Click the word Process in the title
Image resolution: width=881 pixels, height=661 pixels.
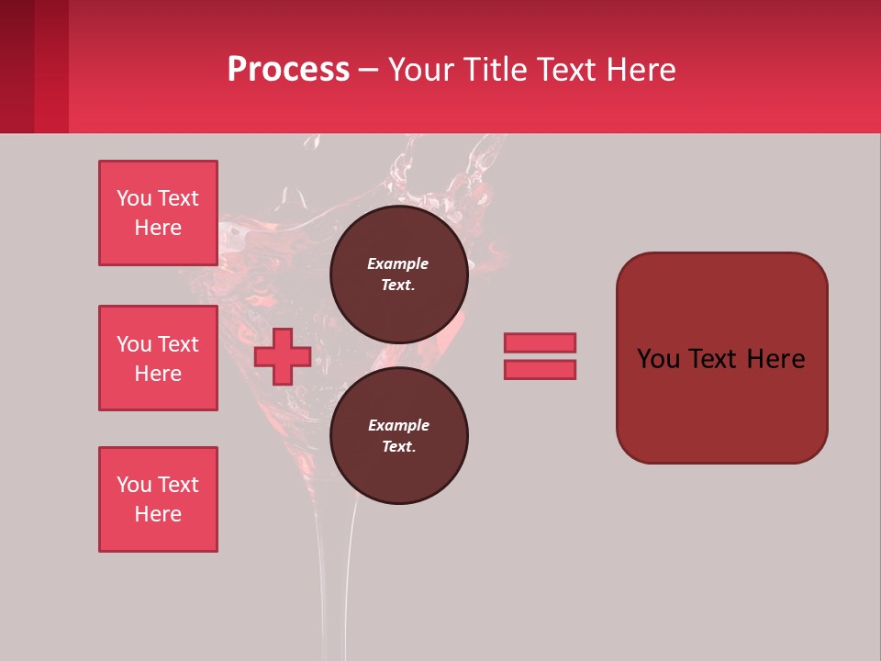pos(288,70)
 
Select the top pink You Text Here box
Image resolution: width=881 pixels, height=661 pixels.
pos(158,213)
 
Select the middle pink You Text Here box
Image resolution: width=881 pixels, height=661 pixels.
pos(158,358)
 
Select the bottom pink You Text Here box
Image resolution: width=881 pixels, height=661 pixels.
pos(158,499)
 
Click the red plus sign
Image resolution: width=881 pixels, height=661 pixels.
pos(283,356)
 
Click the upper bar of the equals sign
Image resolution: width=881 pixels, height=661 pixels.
pos(540,342)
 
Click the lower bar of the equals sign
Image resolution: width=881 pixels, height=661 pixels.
pos(540,369)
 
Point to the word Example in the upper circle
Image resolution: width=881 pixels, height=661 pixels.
pos(397,263)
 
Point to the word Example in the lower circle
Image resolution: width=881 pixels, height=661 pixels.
pos(398,425)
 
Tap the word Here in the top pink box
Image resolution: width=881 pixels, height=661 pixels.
pos(158,228)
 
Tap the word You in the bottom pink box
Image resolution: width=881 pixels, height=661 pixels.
pos(134,485)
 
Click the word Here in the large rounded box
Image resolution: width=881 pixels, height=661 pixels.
pos(775,359)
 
